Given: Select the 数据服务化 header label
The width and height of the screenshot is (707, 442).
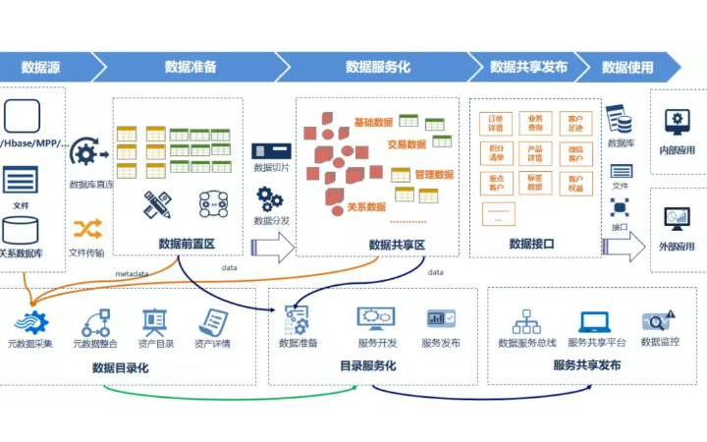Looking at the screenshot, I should [x=378, y=67].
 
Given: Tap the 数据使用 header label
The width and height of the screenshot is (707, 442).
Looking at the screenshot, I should [x=627, y=67].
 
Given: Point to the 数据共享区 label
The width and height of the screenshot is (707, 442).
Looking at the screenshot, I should [x=397, y=245].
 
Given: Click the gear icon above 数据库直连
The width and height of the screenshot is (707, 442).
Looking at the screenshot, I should [x=84, y=153].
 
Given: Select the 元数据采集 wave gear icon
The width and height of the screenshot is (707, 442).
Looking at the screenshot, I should [x=32, y=321].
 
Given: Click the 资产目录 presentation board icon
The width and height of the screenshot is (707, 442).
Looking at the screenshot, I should [x=154, y=321].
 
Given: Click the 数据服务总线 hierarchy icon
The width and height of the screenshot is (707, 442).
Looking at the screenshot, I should [x=526, y=321].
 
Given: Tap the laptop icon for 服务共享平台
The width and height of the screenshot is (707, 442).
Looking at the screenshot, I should [x=595, y=321].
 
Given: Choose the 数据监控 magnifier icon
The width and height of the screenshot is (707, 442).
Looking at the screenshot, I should [x=658, y=320].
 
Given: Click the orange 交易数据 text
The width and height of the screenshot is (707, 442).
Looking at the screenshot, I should [x=406, y=144].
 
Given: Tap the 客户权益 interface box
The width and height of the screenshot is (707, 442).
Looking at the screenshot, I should [x=575, y=183].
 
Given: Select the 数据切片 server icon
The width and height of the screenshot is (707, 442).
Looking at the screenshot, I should [x=271, y=150].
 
